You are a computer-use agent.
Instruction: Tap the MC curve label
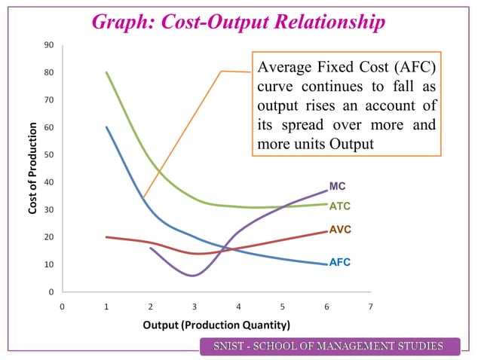pyautogui.click(x=338, y=187)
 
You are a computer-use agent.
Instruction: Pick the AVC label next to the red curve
pyautogui.click(x=340, y=229)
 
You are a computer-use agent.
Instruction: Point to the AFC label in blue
pyautogui.click(x=339, y=263)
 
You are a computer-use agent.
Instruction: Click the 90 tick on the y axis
pyautogui.click(x=48, y=45)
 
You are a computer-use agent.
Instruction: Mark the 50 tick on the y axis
pyautogui.click(x=48, y=155)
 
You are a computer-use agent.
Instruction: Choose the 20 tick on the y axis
pyautogui.click(x=48, y=237)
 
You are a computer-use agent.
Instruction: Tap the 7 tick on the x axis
pyautogui.click(x=371, y=307)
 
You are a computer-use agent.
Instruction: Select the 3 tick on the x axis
pyautogui.click(x=195, y=307)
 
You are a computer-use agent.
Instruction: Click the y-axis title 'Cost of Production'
pyautogui.click(x=34, y=168)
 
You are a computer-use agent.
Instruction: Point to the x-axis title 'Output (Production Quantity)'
pyautogui.click(x=216, y=325)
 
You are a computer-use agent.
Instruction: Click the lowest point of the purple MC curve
pyautogui.click(x=194, y=276)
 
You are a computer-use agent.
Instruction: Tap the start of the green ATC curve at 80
pyautogui.click(x=106, y=72)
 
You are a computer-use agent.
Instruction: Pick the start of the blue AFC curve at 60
pyautogui.click(x=106, y=127)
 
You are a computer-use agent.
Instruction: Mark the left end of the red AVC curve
pyautogui.click(x=106, y=236)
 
